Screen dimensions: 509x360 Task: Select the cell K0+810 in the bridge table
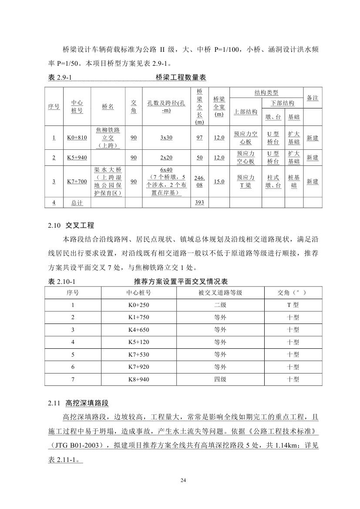pos(77,138)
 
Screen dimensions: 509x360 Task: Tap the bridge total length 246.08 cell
pos(200,182)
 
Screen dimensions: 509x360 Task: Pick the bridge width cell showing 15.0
pos(219,182)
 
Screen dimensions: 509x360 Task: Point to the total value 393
pos(200,202)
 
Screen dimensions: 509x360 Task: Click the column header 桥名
pos(108,107)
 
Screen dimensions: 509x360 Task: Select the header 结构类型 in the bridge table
pos(266,93)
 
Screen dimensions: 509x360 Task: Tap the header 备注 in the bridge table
pos(313,98)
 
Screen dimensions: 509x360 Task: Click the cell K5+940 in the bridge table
pos(77,158)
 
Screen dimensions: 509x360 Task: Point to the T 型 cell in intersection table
pos(293,305)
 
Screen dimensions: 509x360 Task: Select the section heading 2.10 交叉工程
pos(71,226)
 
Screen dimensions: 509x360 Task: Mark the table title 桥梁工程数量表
pos(181,78)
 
